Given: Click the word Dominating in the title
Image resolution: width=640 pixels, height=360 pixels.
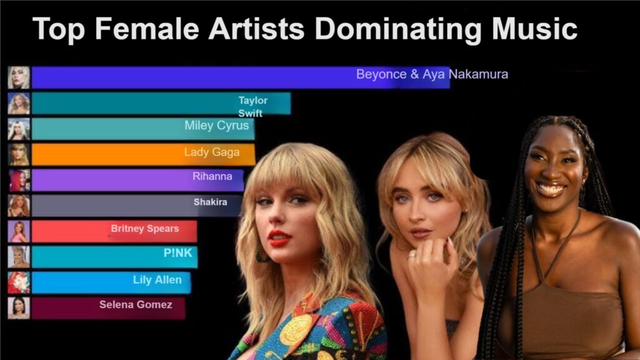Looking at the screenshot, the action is [399, 30].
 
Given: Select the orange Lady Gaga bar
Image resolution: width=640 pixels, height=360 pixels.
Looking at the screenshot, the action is [143, 155].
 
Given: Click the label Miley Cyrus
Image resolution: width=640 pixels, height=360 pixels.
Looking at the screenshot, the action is [216, 125].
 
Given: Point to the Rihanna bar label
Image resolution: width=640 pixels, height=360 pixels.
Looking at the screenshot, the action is [212, 176].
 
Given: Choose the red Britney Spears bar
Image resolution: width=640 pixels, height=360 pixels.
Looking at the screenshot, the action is [114, 231].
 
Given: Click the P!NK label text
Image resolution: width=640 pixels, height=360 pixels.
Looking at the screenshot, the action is [177, 253].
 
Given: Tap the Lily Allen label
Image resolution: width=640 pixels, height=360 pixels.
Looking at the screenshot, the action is [157, 280].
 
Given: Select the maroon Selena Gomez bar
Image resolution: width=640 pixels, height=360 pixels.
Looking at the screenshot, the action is [108, 308].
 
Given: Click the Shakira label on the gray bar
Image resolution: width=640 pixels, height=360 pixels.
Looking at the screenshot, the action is [210, 202].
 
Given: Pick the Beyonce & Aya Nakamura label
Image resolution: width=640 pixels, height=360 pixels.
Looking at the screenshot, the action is [432, 74].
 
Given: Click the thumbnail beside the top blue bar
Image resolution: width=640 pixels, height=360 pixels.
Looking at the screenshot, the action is [19, 77].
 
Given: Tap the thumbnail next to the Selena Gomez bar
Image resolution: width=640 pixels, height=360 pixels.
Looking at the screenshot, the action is [19, 308].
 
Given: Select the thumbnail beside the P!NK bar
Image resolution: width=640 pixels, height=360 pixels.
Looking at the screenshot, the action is [19, 257].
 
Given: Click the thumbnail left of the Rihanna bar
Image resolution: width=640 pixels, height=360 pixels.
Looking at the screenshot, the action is [19, 181].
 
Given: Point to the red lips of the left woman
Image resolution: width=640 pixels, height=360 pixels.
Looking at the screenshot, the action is [279, 237].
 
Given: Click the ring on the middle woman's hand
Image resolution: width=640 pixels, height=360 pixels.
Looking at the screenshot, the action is [412, 255].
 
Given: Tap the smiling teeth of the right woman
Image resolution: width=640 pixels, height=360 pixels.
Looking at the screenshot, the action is [551, 189].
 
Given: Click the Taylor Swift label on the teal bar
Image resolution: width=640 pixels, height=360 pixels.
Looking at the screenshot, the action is [252, 106].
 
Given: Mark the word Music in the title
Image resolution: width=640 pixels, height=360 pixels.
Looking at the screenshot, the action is [534, 29].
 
